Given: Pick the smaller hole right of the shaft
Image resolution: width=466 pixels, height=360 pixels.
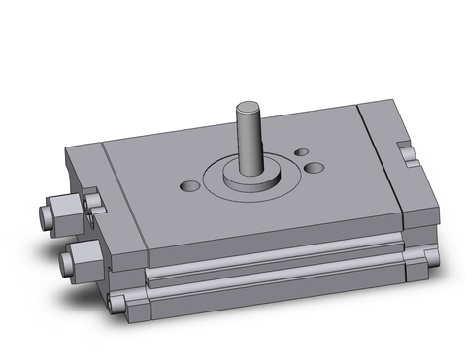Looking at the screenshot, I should coord(301,152).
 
